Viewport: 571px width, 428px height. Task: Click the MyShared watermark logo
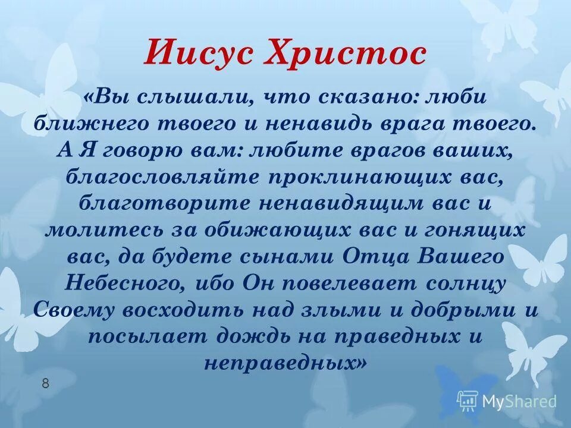point(506,400)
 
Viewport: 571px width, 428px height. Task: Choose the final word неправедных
point(281,363)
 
